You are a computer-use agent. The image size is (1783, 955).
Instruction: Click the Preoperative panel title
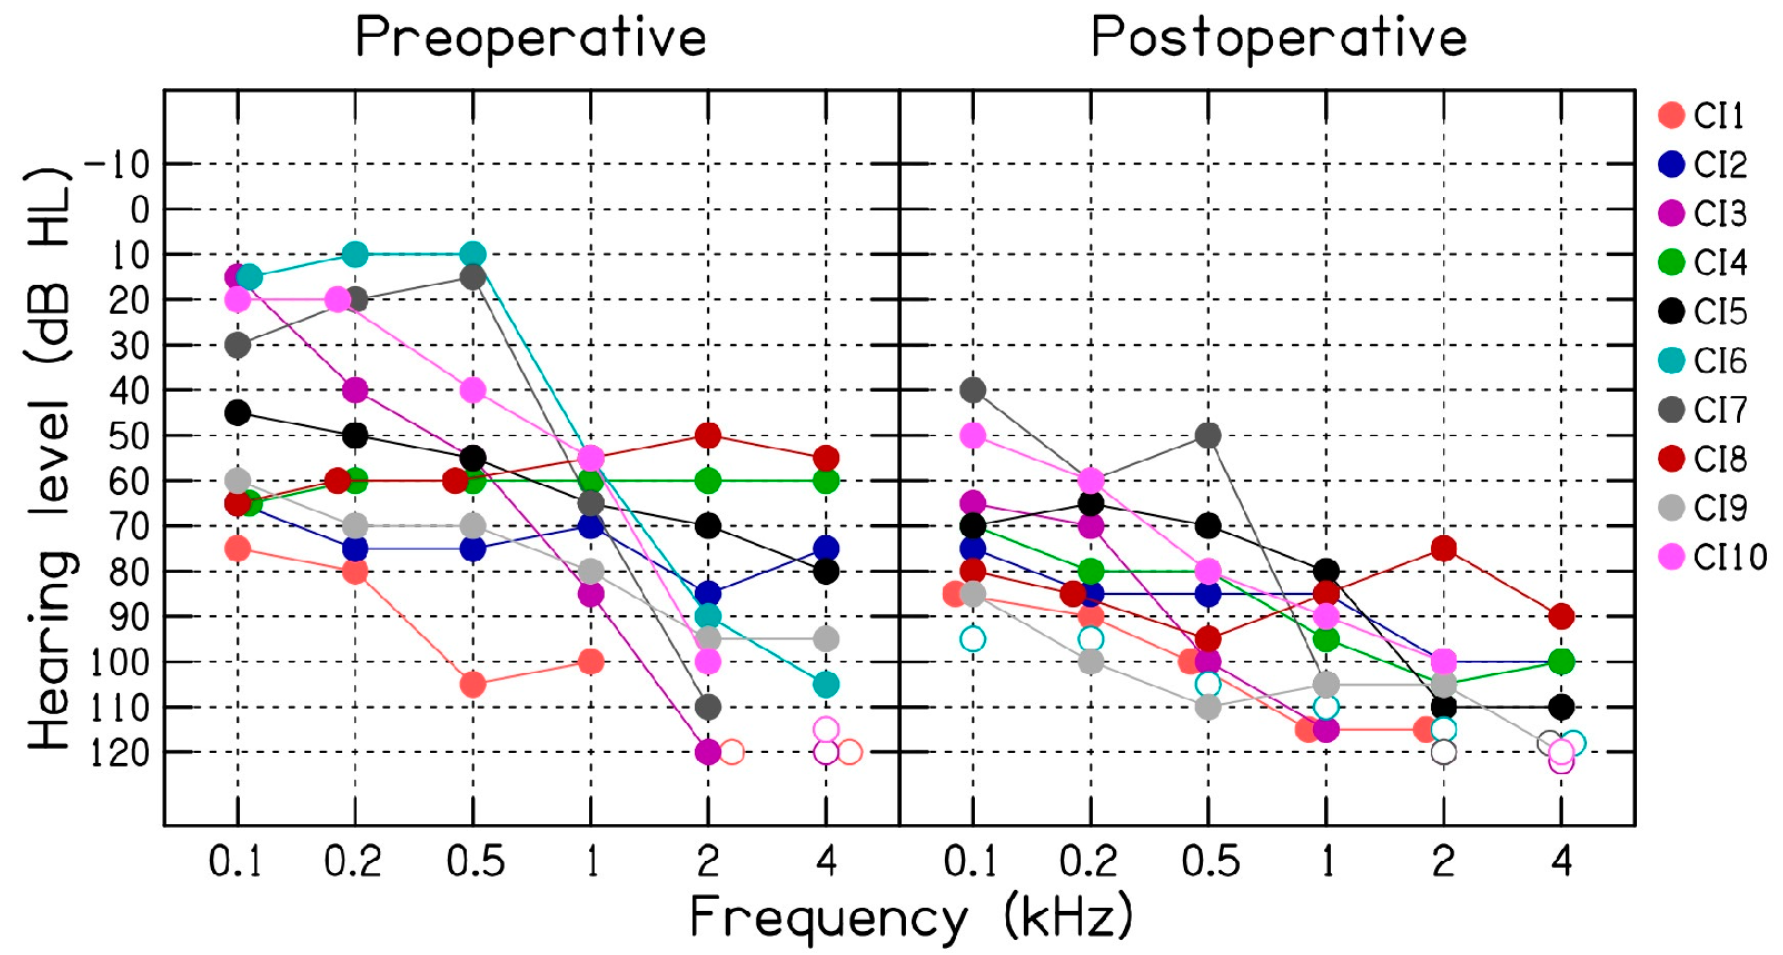tap(530, 38)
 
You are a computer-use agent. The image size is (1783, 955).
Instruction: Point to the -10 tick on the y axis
tap(118, 165)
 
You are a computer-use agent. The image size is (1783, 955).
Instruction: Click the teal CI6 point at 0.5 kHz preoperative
tap(473, 255)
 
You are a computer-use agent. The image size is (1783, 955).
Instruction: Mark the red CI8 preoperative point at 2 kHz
tap(707, 435)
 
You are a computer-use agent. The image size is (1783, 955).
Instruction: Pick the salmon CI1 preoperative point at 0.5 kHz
tap(473, 685)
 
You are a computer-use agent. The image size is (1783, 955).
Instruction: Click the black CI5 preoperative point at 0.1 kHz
tap(237, 413)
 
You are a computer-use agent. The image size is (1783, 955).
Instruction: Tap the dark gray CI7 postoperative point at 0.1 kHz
tap(972, 390)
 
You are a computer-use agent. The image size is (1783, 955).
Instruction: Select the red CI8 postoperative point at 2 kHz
tap(1443, 548)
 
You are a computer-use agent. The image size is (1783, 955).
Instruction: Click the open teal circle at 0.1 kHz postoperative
tap(972, 639)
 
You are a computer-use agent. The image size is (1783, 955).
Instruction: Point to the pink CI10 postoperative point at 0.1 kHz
tap(972, 435)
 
